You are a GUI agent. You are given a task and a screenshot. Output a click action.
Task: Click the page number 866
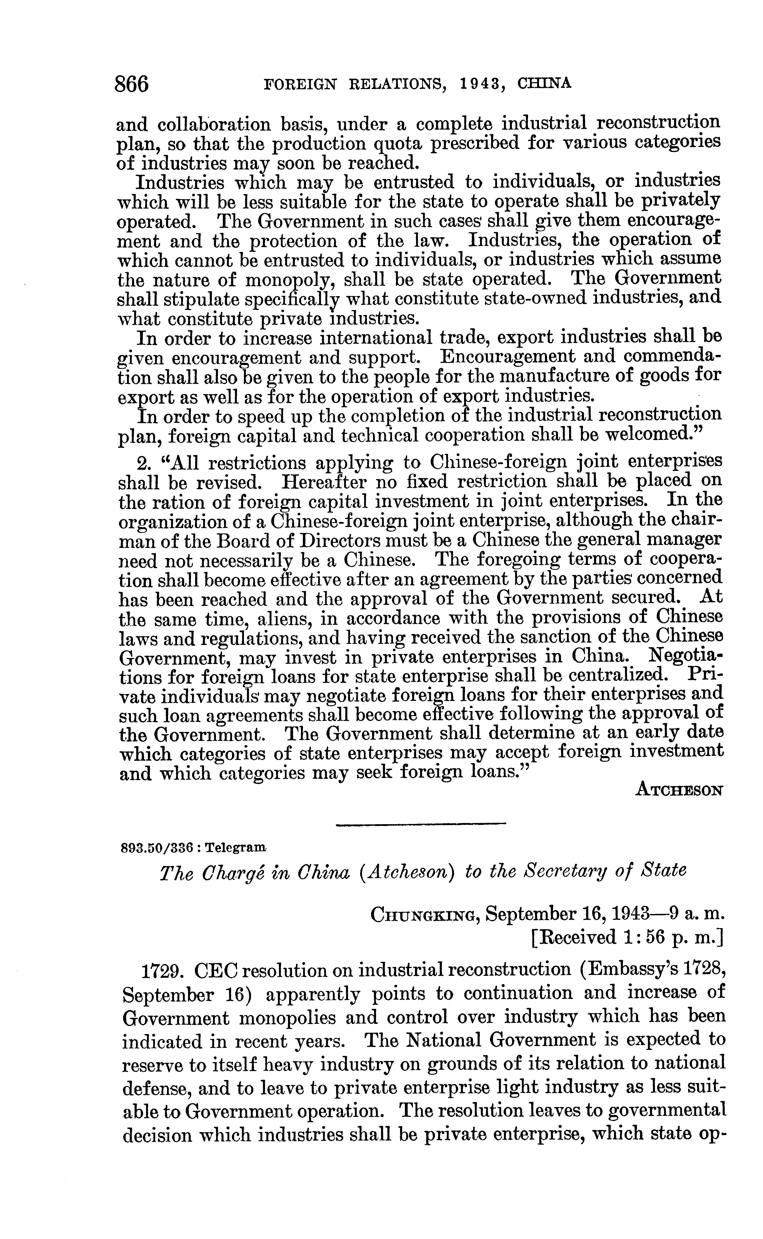point(132,84)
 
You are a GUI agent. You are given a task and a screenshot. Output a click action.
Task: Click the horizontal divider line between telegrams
point(421,824)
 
